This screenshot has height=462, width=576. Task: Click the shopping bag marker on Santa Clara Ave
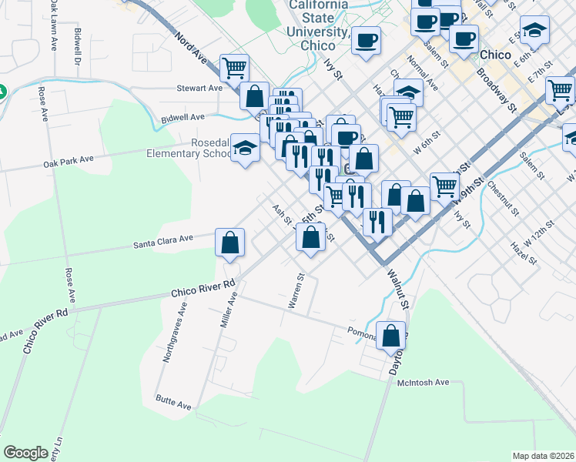pos(230,243)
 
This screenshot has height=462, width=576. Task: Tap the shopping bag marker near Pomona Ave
pos(391,335)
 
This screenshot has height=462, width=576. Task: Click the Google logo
pos(25,452)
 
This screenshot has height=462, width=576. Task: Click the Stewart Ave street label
pos(199,88)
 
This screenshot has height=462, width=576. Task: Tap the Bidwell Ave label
pos(183,117)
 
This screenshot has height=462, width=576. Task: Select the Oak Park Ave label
pos(69,160)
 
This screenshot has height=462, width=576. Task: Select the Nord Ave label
pos(191,47)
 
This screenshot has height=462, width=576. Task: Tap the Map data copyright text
pos(543,456)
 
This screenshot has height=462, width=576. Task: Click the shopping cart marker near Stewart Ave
pos(234,68)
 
